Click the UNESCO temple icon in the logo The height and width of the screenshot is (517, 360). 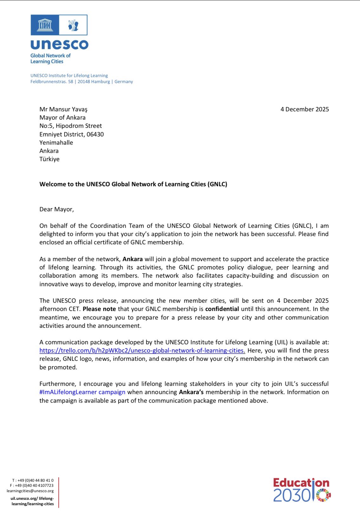[x=45, y=25]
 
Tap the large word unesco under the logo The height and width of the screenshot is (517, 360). [x=59, y=44]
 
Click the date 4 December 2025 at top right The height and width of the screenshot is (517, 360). [x=304, y=109]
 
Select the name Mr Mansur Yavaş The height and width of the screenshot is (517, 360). [x=63, y=109]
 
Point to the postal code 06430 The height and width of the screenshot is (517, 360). [x=95, y=134]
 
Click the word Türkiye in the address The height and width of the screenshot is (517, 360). [x=49, y=159]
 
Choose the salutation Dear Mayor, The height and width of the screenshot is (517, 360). [x=56, y=209]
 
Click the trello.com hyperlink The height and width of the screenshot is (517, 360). [x=142, y=351]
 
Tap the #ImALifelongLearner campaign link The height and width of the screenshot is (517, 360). [x=82, y=392]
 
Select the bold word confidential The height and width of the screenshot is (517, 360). [x=222, y=309]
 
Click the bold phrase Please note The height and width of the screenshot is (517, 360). [x=99, y=309]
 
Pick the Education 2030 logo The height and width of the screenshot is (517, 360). [x=302, y=490]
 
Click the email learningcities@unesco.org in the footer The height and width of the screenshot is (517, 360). [x=30, y=491]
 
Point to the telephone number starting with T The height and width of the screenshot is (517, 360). [x=33, y=480]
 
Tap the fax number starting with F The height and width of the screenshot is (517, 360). [x=32, y=486]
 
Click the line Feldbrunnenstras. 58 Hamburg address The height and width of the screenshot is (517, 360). [x=82, y=82]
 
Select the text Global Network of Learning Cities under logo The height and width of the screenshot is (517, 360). [x=50, y=58]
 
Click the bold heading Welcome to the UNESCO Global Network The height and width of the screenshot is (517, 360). [x=133, y=184]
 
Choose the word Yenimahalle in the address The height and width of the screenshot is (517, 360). [x=56, y=143]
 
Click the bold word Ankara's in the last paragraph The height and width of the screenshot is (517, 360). [x=191, y=392]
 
